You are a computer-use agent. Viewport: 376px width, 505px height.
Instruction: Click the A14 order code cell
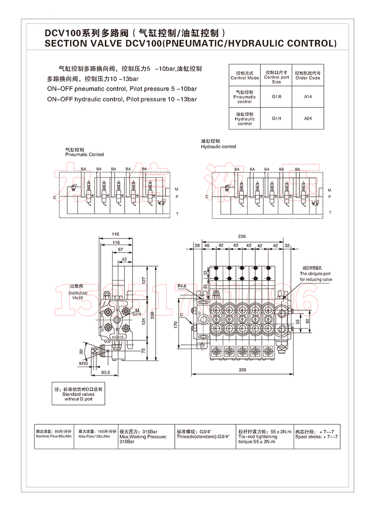click(308, 97)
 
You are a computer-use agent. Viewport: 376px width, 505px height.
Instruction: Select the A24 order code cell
click(308, 118)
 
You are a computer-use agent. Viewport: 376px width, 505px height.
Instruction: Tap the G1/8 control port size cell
click(276, 97)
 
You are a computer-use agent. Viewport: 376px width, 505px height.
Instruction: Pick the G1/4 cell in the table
click(276, 118)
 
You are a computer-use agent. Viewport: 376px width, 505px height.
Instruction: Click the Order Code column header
click(308, 76)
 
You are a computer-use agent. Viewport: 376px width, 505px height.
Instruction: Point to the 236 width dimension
click(242, 236)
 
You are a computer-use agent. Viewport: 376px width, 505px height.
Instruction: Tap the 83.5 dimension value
click(105, 372)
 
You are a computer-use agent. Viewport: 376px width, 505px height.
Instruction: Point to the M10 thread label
click(83, 363)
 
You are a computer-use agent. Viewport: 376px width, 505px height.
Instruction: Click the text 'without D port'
click(78, 399)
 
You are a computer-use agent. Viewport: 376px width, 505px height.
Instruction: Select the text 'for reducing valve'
click(316, 279)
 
